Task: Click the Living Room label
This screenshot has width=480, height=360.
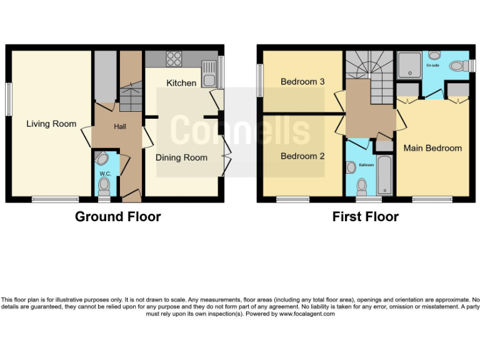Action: point(51,124)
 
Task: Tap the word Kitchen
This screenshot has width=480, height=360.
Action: point(181,83)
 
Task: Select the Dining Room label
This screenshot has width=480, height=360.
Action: point(181,157)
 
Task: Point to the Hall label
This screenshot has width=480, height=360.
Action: point(120,127)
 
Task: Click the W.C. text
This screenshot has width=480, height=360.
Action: point(104,173)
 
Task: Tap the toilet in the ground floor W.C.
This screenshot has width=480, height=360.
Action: point(104,185)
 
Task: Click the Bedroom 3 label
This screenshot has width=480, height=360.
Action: point(302,82)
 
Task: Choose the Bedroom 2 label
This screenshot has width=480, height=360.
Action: point(302,156)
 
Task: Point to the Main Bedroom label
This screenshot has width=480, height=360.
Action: point(432,148)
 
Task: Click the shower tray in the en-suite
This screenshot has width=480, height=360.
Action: point(410,64)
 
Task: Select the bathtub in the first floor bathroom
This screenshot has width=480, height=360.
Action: point(384,176)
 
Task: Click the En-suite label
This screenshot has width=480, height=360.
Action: point(432,65)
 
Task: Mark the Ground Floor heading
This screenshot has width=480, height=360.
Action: point(118,217)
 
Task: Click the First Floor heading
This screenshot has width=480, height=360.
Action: point(366,217)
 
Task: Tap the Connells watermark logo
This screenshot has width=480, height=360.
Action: point(240,129)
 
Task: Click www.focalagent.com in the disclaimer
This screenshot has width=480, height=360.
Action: point(306,314)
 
